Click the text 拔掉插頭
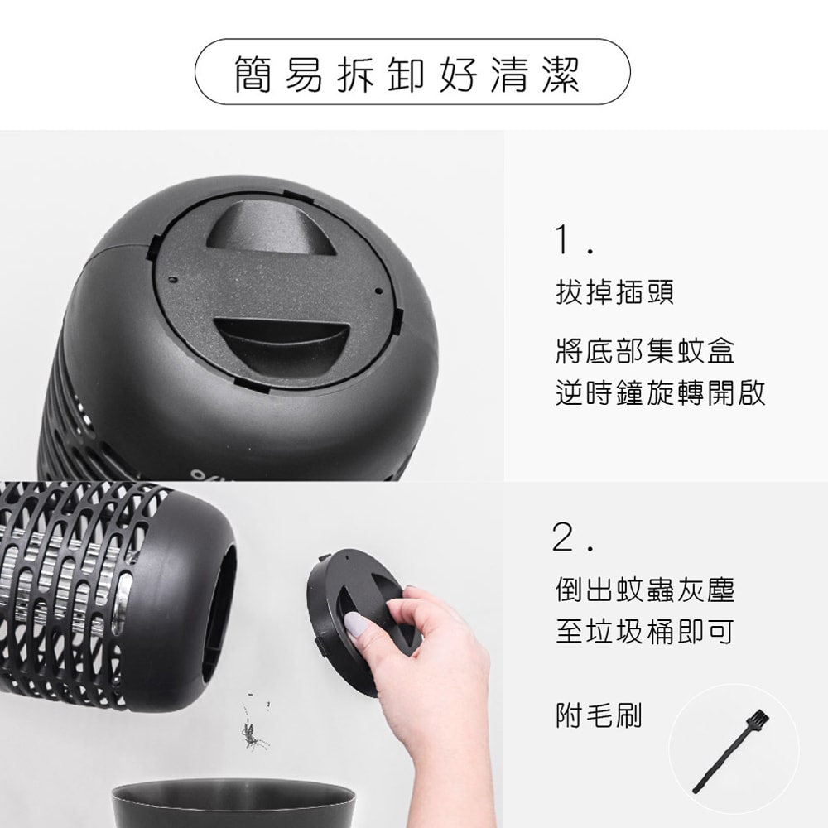click(614, 292)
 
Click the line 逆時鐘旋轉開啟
click(660, 392)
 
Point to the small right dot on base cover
click(378, 291)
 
